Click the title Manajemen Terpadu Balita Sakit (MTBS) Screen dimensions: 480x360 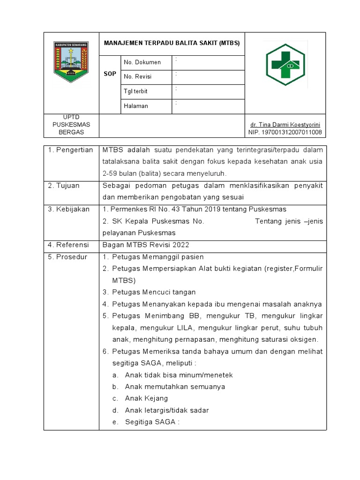172,43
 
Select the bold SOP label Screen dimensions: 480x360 110,74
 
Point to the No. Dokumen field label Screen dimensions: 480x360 142,62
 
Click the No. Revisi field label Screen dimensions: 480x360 138,77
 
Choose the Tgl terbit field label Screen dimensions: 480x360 135,91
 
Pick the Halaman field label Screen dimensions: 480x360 136,106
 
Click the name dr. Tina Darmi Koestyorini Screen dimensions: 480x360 285,125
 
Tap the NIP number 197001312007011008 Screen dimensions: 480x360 285,133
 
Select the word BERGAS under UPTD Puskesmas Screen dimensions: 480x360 71,132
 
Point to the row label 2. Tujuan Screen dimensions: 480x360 64,186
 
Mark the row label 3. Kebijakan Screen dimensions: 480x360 69,209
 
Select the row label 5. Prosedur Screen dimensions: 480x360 68,257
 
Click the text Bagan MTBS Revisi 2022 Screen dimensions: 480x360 144,245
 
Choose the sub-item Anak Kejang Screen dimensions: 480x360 146,398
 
